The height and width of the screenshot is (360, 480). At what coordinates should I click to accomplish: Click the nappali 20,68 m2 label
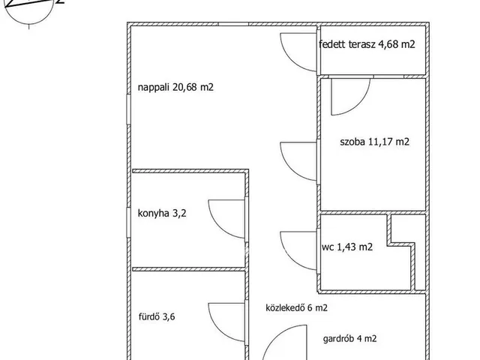[x=175, y=88]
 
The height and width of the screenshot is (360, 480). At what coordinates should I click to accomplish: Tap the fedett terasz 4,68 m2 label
[x=367, y=44]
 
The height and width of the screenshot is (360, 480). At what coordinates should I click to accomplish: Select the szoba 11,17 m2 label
[x=374, y=142]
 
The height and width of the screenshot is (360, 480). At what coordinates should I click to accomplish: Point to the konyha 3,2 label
[x=162, y=213]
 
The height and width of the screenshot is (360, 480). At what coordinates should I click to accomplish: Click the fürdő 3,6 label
[x=157, y=316]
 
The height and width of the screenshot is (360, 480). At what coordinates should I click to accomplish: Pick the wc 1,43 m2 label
[x=347, y=247]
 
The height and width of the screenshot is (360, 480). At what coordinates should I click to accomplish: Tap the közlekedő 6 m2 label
[x=296, y=307]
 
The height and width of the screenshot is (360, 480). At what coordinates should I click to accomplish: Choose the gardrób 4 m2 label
[x=349, y=338]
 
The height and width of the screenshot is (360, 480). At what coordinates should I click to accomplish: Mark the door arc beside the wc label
[x=287, y=258]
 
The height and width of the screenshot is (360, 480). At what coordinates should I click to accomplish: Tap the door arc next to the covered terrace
[x=288, y=60]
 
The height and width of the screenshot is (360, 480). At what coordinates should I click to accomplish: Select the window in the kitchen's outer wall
[x=128, y=222]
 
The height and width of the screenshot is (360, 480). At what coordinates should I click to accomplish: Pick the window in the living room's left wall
[x=128, y=109]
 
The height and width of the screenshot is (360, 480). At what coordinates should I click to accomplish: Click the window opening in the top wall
[x=233, y=24]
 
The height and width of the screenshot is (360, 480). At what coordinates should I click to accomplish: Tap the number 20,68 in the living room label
[x=185, y=88]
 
